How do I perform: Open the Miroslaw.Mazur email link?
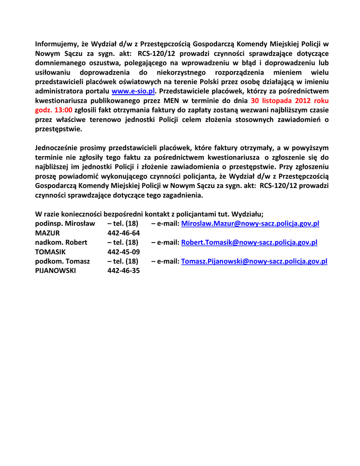pos(250,223)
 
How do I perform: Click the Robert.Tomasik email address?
pos(249,243)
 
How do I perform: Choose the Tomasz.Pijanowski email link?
pos(254,261)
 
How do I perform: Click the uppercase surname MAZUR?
pos(48,233)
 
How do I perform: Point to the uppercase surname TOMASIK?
pos(51,252)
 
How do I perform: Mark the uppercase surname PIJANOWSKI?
pos(56,271)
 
